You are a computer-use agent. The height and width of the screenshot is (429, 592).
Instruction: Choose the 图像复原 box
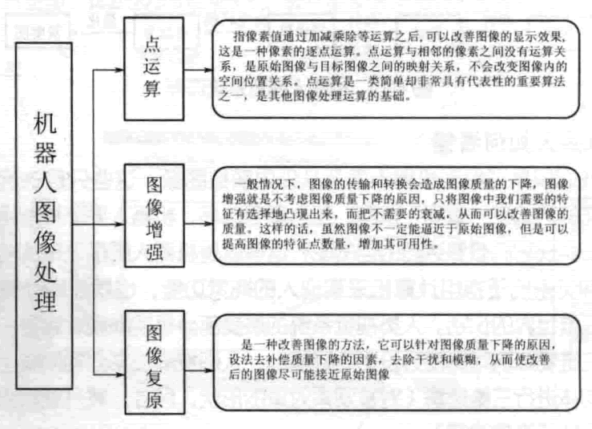tap(151, 366)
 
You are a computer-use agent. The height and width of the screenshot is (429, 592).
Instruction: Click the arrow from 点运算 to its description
tap(196, 69)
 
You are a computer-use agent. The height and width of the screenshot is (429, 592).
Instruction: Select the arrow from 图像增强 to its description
tap(196, 217)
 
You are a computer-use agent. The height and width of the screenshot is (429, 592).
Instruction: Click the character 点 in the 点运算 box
tap(151, 45)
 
